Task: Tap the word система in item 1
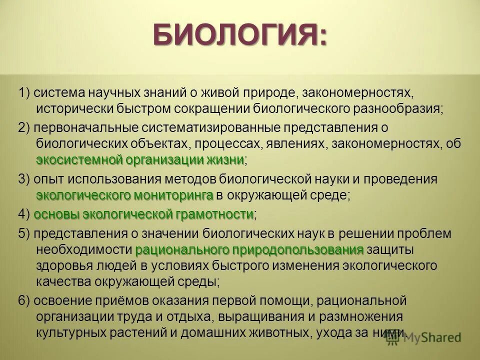click(x=60, y=93)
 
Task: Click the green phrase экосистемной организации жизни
click(x=140, y=160)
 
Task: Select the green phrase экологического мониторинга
click(x=124, y=194)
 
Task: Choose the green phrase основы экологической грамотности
click(x=143, y=214)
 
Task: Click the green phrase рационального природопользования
click(x=249, y=249)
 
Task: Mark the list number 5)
click(x=24, y=234)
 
